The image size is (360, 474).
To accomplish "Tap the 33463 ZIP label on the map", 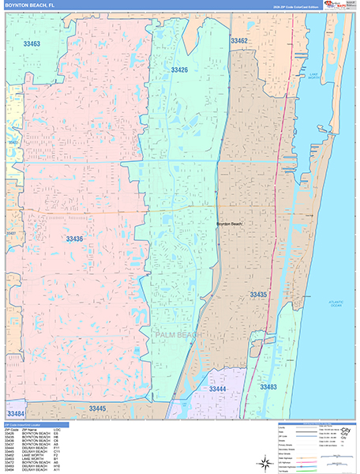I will tap(32, 44).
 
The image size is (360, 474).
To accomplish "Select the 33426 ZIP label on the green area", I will tap(179, 70).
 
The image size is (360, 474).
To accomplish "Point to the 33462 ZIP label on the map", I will tap(239, 40).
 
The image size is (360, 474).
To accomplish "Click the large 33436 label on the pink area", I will tap(74, 239).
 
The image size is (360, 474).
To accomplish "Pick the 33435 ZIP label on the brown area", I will tap(259, 295).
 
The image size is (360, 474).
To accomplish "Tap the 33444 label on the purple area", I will tap(217, 389).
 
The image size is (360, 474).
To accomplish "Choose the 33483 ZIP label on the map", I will tap(268, 387).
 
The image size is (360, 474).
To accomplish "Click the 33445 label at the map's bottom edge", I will tap(98, 408).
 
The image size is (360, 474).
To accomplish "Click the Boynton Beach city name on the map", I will tap(231, 224).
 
